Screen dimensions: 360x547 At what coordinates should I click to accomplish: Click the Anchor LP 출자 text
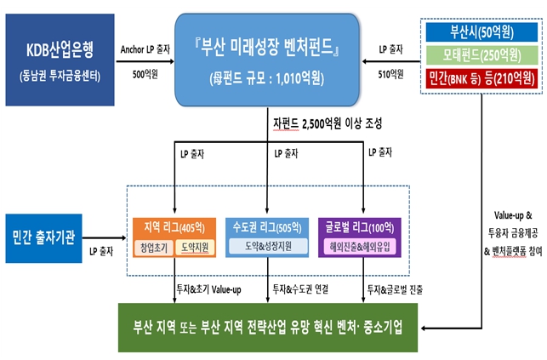pyautogui.click(x=148, y=50)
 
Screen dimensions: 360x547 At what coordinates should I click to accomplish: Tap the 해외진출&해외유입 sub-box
pyautogui.click(x=363, y=248)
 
